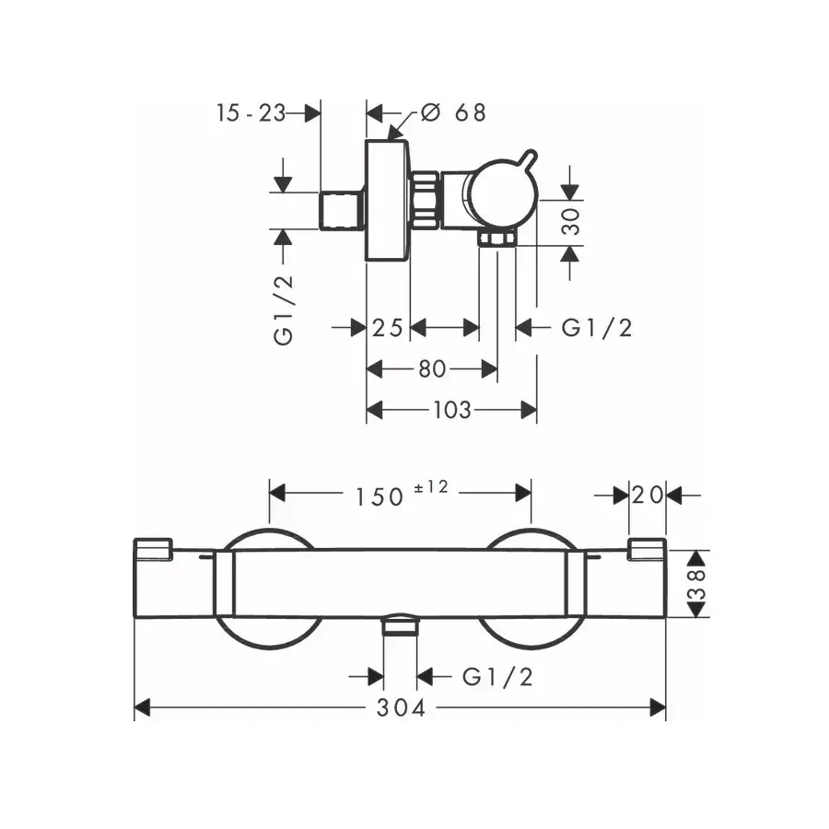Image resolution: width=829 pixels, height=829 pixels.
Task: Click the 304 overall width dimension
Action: tap(401, 708)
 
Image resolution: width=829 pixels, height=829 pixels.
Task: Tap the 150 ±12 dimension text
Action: tap(402, 495)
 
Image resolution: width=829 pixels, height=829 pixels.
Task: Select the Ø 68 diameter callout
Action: tap(453, 112)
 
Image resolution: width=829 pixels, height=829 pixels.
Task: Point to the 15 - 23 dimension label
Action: tap(251, 113)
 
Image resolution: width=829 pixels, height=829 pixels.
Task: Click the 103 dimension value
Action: tap(452, 410)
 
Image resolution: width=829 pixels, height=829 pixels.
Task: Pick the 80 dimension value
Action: tap(433, 369)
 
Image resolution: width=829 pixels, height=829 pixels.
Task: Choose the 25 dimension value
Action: tap(388, 328)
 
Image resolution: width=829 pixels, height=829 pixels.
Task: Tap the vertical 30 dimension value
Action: tap(571, 221)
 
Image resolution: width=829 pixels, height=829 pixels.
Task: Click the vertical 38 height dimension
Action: tap(698, 584)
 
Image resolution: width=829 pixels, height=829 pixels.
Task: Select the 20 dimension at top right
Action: tap(648, 496)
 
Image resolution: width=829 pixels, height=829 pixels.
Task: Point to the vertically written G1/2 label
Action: tap(284, 310)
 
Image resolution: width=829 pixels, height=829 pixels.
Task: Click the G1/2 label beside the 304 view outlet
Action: tap(497, 677)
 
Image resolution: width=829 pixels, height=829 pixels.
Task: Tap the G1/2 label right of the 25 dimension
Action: tap(597, 328)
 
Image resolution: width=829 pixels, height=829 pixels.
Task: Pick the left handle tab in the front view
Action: tap(153, 549)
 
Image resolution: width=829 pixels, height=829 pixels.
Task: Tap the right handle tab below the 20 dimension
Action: tap(647, 549)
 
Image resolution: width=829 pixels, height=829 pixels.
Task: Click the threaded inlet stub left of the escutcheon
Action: tap(342, 211)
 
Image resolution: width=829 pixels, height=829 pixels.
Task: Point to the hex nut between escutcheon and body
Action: tap(425, 201)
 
